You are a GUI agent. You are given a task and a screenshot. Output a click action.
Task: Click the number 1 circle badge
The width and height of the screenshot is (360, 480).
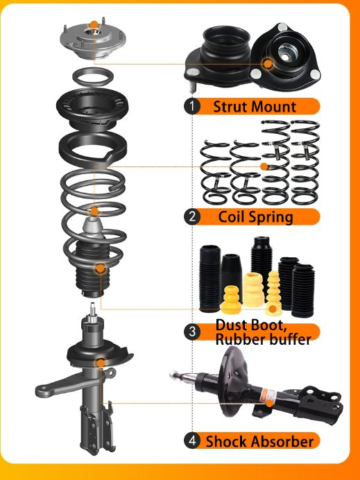click(x=193, y=107)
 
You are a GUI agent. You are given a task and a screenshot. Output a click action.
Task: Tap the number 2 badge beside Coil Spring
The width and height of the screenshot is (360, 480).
click(x=193, y=216)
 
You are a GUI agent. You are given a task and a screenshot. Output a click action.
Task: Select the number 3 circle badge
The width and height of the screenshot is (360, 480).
click(x=193, y=332)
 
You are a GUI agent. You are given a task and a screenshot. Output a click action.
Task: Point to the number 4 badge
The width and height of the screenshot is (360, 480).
click(x=193, y=440)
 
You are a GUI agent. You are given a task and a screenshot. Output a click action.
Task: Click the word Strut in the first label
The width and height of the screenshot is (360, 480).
click(x=230, y=107)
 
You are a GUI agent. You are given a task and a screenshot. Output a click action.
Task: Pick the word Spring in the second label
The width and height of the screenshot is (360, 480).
click(x=271, y=216)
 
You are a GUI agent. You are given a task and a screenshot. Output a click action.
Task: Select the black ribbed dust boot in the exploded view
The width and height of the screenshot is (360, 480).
click(x=94, y=277)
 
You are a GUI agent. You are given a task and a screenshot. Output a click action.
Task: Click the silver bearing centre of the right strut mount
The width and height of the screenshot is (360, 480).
click(x=285, y=52)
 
